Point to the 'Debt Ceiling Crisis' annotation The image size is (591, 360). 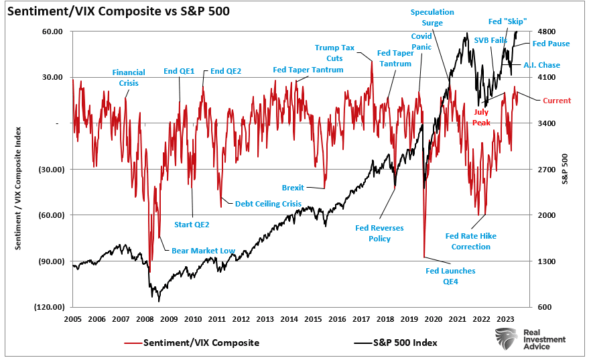pyautogui.click(x=268, y=203)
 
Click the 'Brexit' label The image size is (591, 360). pyautogui.click(x=293, y=188)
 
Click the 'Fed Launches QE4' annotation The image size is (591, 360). pyautogui.click(x=450, y=276)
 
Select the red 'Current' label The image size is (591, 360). pyautogui.click(x=556, y=101)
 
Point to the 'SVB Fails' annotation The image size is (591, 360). pyautogui.click(x=490, y=40)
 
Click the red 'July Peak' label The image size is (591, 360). pyautogui.click(x=482, y=118)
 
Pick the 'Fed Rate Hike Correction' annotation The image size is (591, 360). pyautogui.click(x=471, y=241)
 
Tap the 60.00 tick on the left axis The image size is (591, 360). pyautogui.click(x=53, y=32)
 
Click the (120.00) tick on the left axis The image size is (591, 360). pyautogui.click(x=50, y=307)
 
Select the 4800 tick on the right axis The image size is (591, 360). pyautogui.click(x=547, y=32)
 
